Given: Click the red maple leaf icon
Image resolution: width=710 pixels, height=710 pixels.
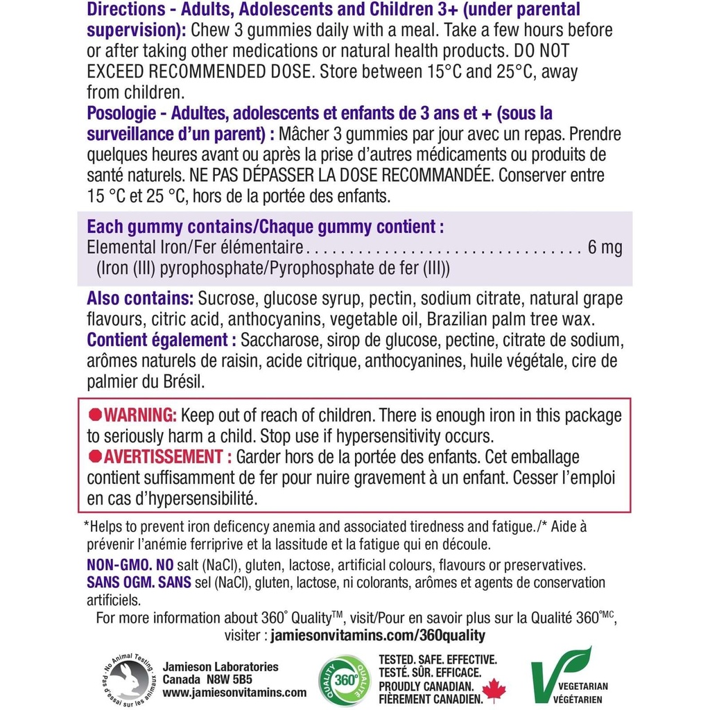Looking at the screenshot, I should pos(494,689).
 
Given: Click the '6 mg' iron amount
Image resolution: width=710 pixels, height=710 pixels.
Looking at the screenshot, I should pos(605,248).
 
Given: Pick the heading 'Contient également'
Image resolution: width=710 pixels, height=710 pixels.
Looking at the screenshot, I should pos(158,340).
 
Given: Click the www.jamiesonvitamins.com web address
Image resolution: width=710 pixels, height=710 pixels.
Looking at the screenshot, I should pos(234,692).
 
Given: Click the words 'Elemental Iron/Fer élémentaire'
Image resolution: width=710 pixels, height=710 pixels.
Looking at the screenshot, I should pos(195,248).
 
